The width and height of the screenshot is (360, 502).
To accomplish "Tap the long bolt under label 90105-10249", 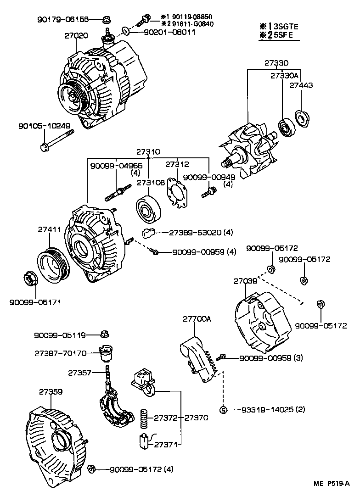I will tap(57, 140).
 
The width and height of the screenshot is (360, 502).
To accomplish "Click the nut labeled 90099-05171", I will tap(30, 279).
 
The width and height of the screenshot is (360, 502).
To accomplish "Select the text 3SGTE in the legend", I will tap(285, 27).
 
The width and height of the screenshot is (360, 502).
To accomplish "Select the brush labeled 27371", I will tap(143, 441).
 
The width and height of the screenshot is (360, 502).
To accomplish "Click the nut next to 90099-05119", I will tap(105, 335).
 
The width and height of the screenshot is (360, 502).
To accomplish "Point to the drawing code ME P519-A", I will tap(332, 483).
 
